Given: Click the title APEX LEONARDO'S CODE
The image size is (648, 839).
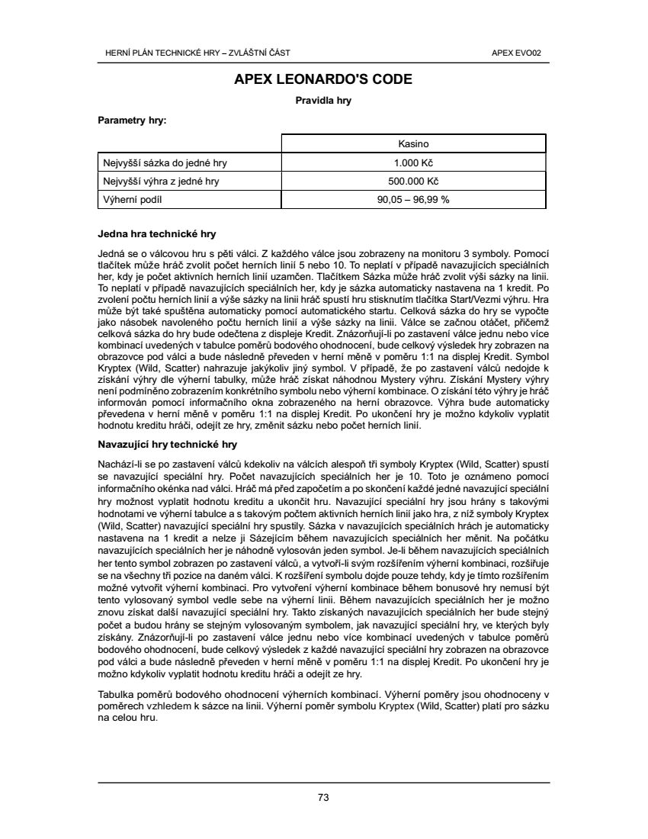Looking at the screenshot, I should tap(323, 79).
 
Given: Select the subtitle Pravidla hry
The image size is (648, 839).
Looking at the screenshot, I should tap(323, 100).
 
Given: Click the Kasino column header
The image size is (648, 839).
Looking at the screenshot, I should tap(413, 143).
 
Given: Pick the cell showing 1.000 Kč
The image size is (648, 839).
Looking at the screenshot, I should tap(413, 162).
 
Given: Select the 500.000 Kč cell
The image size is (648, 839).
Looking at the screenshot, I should tap(413, 182).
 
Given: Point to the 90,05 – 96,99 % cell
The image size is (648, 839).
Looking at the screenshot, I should tap(413, 200).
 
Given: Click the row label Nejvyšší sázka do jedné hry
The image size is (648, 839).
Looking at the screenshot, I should tap(165, 162).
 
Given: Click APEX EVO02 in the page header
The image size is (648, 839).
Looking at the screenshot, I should tap(521, 53).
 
